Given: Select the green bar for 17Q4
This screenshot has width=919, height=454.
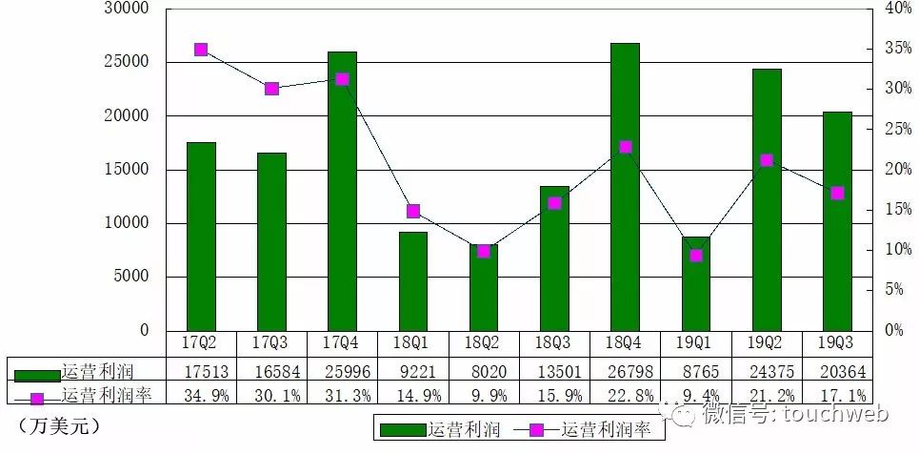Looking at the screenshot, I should coord(342,191).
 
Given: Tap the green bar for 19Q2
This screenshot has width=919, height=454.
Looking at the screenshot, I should coord(767,200).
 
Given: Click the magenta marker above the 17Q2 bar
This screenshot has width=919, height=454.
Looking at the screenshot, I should coord(201,50).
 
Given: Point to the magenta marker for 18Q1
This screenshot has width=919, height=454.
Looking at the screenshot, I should coord(413,211).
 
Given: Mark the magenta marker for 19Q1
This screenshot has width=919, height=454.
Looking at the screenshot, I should coord(696,255).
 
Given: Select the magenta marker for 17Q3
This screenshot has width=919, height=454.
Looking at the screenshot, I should coord(271,89).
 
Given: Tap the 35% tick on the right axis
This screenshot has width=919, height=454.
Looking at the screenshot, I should coord(898,48).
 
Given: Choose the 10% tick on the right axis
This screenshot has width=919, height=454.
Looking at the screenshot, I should coord(898,250).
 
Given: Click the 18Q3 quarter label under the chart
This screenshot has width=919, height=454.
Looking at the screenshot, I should coord(554,341).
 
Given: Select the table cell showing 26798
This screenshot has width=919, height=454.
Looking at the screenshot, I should coord(625,370).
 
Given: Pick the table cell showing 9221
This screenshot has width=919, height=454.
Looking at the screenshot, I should coord(413,370).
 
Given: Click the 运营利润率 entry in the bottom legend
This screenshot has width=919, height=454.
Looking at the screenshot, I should coord(609,430).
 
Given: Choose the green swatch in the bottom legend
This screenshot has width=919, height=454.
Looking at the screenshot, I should coord(403,430).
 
